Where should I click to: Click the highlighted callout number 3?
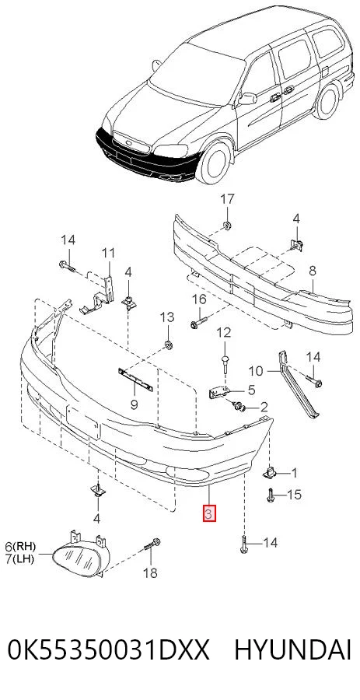coord(209,513)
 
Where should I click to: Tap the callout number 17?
coord(228,199)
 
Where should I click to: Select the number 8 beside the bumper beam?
coord(313,270)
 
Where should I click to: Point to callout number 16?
coord(199,299)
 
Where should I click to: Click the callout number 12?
coord(224,332)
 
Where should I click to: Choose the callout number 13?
coord(168,317)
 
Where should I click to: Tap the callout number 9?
coord(134,405)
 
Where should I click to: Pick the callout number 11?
coord(108,253)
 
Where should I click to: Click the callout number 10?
coord(256,370)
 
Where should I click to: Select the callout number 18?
coord(151,572)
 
